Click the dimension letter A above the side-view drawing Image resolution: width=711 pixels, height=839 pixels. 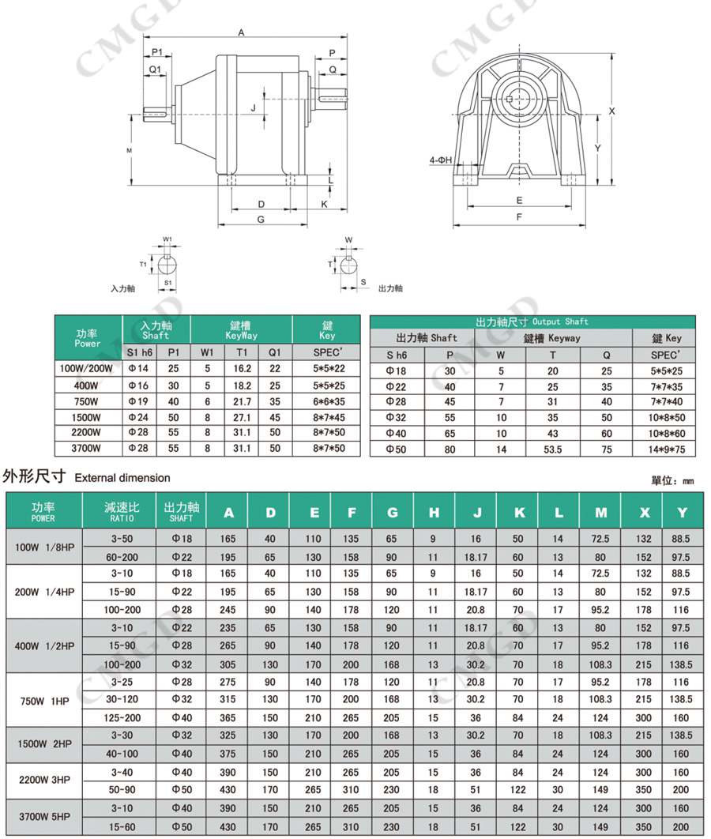[x=242, y=33]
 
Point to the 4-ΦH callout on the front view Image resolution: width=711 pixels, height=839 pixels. [x=440, y=160]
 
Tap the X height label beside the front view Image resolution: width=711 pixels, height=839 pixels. [x=611, y=111]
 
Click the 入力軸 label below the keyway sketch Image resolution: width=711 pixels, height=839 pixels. [x=122, y=289]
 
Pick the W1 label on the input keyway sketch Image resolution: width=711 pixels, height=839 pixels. [x=167, y=239]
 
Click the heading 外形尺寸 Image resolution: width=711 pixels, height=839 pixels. [x=35, y=476]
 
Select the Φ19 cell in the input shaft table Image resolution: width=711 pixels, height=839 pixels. [x=139, y=401]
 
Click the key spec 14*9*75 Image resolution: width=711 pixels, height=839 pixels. [x=666, y=450]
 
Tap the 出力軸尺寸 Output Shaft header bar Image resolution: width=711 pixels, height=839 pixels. [x=532, y=322]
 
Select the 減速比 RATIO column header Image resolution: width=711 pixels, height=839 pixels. [x=122, y=511]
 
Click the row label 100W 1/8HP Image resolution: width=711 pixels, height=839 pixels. [x=44, y=547]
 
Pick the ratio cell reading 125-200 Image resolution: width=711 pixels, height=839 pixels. [x=122, y=718]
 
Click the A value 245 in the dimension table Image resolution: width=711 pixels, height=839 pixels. [x=228, y=609]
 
